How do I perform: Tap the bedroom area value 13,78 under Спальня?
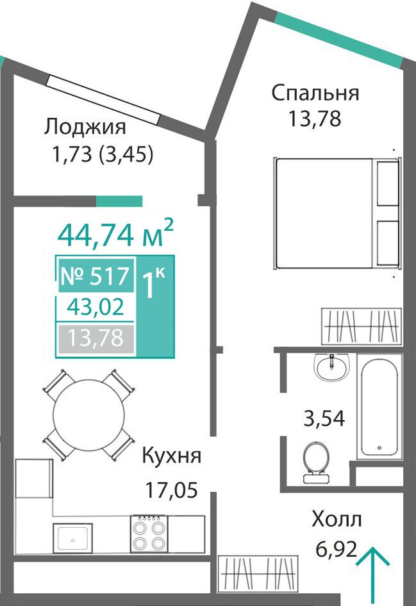pyautogui.click(x=315, y=119)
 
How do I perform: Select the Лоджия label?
pyautogui.click(x=85, y=127)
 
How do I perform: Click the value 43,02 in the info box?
pyautogui.click(x=96, y=308)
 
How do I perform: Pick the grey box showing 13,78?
pyautogui.click(x=96, y=338)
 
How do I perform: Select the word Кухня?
pyautogui.click(x=172, y=455)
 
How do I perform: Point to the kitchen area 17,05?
pyautogui.click(x=171, y=490)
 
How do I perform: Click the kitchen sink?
pyautogui.click(x=73, y=537)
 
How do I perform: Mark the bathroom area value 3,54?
pyautogui.click(x=324, y=418)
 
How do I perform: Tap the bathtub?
pyautogui.click(x=379, y=406)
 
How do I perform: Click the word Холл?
pyautogui.click(x=337, y=520)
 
